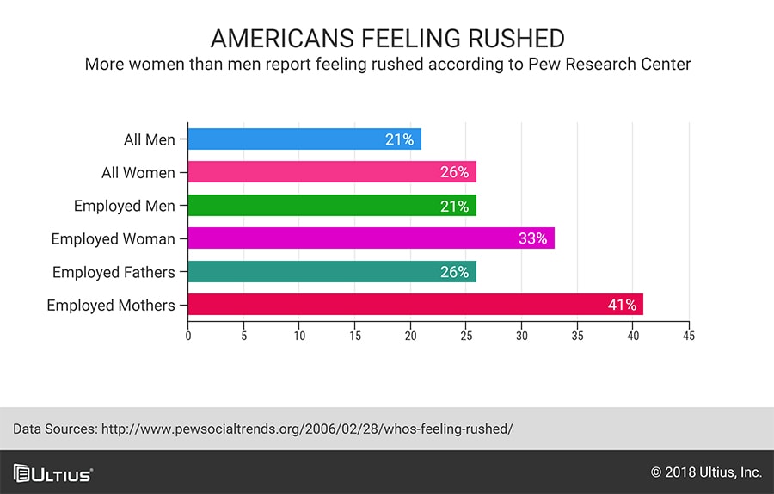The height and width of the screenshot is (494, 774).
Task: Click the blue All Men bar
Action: (304, 139)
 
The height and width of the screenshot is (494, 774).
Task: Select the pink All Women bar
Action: (332, 172)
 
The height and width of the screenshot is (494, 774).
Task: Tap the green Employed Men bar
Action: (332, 205)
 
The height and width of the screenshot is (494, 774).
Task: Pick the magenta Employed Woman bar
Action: (372, 238)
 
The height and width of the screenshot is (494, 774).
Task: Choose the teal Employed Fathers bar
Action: (332, 271)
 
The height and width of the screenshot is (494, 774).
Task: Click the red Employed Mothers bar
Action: (415, 305)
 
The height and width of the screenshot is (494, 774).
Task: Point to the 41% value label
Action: (622, 305)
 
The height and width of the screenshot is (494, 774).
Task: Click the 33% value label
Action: (532, 238)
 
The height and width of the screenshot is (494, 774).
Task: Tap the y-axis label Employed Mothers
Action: (111, 306)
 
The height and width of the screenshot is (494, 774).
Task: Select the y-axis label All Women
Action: (138, 172)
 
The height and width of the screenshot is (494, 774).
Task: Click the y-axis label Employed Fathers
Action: (114, 272)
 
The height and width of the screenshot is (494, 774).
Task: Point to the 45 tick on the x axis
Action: (689, 336)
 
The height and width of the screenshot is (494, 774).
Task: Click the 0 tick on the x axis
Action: (188, 336)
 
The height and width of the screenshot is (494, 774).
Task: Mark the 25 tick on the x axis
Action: (466, 336)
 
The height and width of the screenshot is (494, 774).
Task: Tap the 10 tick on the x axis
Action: (299, 336)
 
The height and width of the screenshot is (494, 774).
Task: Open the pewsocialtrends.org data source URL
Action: (307, 429)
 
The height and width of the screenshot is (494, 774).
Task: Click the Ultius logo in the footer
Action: (52, 473)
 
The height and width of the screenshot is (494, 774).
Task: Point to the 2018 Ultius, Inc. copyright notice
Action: (706, 472)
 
